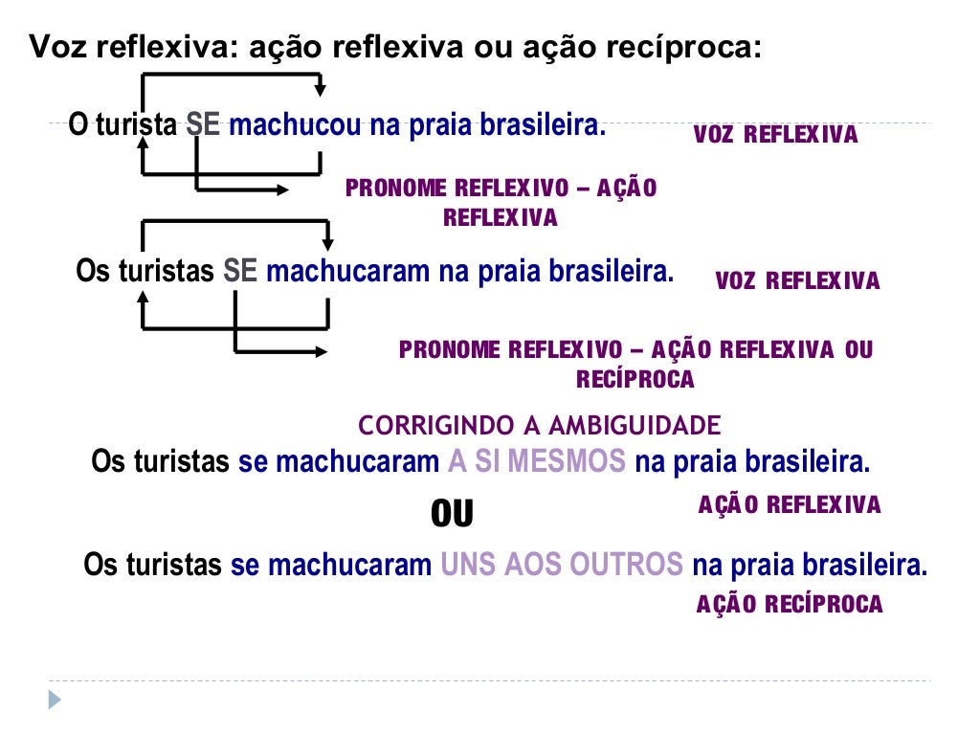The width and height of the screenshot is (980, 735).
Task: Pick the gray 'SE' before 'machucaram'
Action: [240, 272]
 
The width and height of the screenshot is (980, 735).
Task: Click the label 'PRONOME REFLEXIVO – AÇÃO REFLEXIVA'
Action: [501, 202]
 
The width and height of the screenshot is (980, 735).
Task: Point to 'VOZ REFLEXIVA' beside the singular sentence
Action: [775, 135]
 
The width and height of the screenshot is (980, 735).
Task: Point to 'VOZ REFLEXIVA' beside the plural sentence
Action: [797, 281]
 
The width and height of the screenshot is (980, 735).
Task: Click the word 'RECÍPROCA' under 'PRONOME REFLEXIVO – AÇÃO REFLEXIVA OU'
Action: [635, 380]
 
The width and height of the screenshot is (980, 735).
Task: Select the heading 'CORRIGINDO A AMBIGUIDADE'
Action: [539, 425]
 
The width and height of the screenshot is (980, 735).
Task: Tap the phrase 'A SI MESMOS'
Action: [536, 462]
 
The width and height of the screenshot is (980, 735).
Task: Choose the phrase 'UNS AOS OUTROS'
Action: [562, 565]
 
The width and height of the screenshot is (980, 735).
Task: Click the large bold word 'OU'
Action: [452, 515]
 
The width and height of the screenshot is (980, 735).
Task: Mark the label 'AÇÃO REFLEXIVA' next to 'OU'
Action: [790, 505]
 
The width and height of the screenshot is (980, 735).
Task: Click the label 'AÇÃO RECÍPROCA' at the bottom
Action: [790, 605]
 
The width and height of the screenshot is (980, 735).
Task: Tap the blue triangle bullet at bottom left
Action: [55, 700]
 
